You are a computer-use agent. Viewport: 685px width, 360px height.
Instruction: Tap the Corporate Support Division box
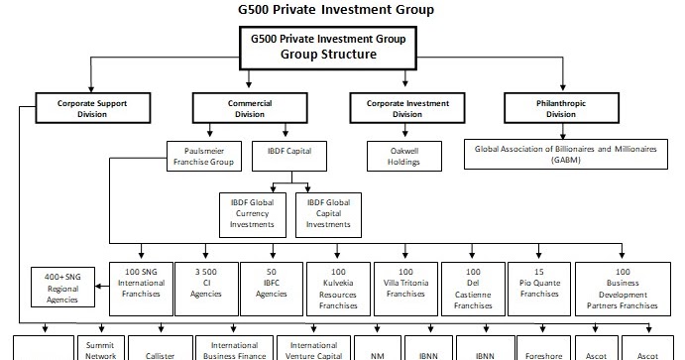click(x=91, y=106)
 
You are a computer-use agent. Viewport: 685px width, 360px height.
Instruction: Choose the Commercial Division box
click(x=246, y=106)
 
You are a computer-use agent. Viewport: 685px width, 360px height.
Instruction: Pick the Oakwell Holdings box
click(x=407, y=158)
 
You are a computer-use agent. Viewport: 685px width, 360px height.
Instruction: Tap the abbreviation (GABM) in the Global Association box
click(x=568, y=161)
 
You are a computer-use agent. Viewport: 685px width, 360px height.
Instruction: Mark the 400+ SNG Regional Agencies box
click(x=62, y=288)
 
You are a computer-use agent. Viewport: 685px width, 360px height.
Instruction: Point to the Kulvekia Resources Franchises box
click(x=338, y=288)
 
